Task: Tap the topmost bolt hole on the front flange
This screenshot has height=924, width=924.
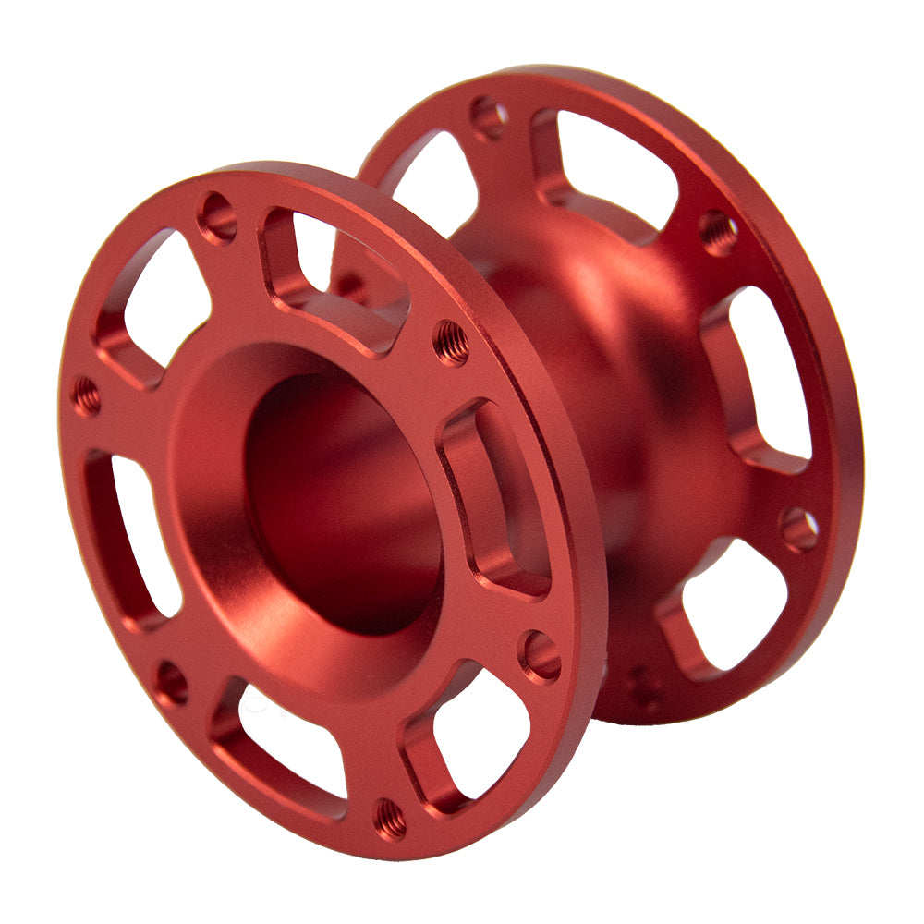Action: click(x=218, y=218)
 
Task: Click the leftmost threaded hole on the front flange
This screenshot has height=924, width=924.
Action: click(x=86, y=395)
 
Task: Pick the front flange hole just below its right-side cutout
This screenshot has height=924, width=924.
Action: click(x=540, y=655)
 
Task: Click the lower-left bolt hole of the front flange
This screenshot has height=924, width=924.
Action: click(x=171, y=682)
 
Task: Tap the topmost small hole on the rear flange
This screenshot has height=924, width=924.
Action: click(x=488, y=117)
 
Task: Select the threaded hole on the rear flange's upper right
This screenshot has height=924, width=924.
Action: click(x=719, y=232)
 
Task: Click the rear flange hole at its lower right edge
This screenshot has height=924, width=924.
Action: click(x=799, y=529)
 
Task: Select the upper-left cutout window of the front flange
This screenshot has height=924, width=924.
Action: click(x=162, y=296)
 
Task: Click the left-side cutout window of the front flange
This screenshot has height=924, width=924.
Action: click(x=139, y=536)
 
